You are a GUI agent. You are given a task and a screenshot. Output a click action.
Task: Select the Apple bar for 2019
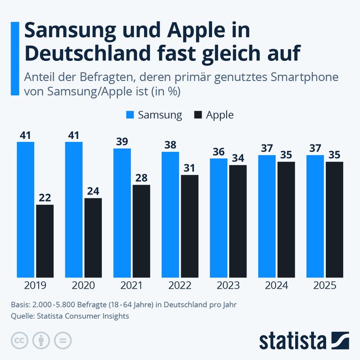[x=45, y=241]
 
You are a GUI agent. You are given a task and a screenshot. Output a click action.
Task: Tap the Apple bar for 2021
[x=141, y=231]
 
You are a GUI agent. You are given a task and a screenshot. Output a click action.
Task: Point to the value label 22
[x=45, y=197]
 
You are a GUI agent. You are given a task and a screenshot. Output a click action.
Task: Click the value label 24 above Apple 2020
[x=93, y=191]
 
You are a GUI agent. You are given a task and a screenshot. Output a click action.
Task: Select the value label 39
[x=122, y=141]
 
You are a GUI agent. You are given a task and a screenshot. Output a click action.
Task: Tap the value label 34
[x=238, y=158]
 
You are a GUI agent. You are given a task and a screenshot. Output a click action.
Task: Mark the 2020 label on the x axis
[x=83, y=286]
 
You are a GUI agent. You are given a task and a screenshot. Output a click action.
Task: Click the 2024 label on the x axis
[x=276, y=286]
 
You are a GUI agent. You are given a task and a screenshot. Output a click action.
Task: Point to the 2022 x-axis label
[x=179, y=286]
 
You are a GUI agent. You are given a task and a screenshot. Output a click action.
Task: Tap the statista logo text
[x=294, y=340]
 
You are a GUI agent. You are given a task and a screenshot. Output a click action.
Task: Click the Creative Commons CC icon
[x=19, y=340]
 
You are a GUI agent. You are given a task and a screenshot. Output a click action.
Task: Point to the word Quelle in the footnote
[x=23, y=316]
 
